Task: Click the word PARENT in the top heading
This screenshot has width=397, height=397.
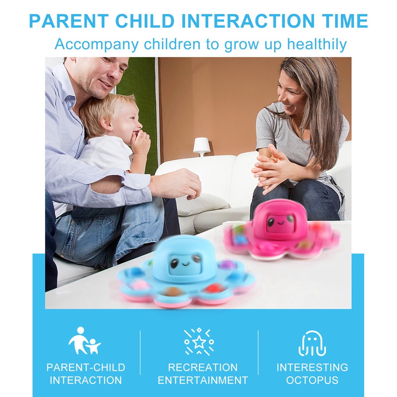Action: point(69,21)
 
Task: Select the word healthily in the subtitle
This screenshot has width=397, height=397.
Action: point(317,44)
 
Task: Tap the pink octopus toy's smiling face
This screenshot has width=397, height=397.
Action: point(281,222)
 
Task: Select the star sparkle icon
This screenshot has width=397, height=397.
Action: point(199,342)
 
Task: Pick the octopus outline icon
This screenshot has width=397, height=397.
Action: point(312,343)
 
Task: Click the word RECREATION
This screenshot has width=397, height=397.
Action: point(203,368)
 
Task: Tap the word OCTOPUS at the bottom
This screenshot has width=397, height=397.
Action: point(312,380)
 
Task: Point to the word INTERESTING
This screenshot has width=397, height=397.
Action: point(312,368)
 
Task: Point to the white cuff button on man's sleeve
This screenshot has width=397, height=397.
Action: point(138,185)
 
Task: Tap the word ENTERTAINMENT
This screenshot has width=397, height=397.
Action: point(203,380)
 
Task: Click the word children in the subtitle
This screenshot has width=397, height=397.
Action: point(173,44)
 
